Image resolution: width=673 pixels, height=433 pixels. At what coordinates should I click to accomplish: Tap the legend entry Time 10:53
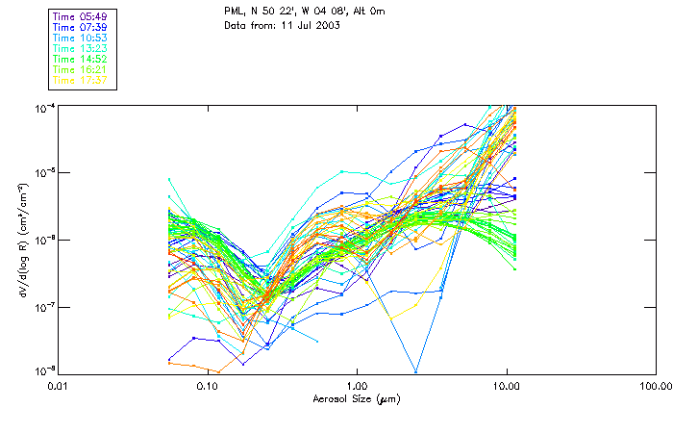(x=80, y=38)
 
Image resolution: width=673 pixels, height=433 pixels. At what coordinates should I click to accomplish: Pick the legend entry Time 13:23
(x=80, y=49)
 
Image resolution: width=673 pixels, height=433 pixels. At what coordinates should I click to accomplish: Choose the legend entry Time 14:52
(x=80, y=60)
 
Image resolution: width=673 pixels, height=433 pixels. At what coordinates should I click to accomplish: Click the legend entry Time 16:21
(x=80, y=70)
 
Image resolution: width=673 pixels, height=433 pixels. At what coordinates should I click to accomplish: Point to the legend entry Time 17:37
(x=80, y=80)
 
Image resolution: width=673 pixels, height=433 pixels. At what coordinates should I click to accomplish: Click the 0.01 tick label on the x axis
(x=58, y=387)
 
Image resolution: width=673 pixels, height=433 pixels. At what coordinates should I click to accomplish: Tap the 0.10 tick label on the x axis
(x=207, y=387)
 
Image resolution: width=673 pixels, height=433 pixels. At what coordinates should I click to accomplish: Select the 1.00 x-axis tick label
(x=357, y=387)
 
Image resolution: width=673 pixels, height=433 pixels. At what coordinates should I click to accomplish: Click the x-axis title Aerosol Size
(x=357, y=398)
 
